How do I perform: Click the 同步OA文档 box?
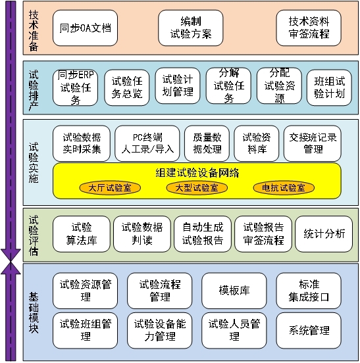click(x=85, y=28)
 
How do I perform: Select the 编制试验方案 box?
click(x=191, y=28)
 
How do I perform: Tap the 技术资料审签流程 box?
click(x=309, y=28)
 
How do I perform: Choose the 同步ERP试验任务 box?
click(x=75, y=87)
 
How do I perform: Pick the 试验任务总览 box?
click(x=127, y=87)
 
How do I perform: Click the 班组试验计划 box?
click(x=329, y=87)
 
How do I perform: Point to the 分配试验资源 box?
click(x=279, y=85)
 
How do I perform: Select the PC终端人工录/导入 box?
click(x=147, y=143)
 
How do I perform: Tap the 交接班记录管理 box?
click(x=312, y=143)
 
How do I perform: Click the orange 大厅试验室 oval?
click(x=110, y=188)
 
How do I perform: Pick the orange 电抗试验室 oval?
click(x=284, y=188)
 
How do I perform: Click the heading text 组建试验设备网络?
click(x=197, y=173)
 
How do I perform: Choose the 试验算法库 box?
click(x=82, y=234)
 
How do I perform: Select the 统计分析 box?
click(x=324, y=234)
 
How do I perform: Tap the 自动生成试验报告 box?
click(x=203, y=234)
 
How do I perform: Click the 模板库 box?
click(x=234, y=291)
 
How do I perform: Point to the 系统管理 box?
click(x=309, y=330)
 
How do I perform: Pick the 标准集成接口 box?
click(x=309, y=291)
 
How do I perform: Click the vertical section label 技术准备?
click(x=34, y=30)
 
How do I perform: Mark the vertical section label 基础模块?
click(x=34, y=312)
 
